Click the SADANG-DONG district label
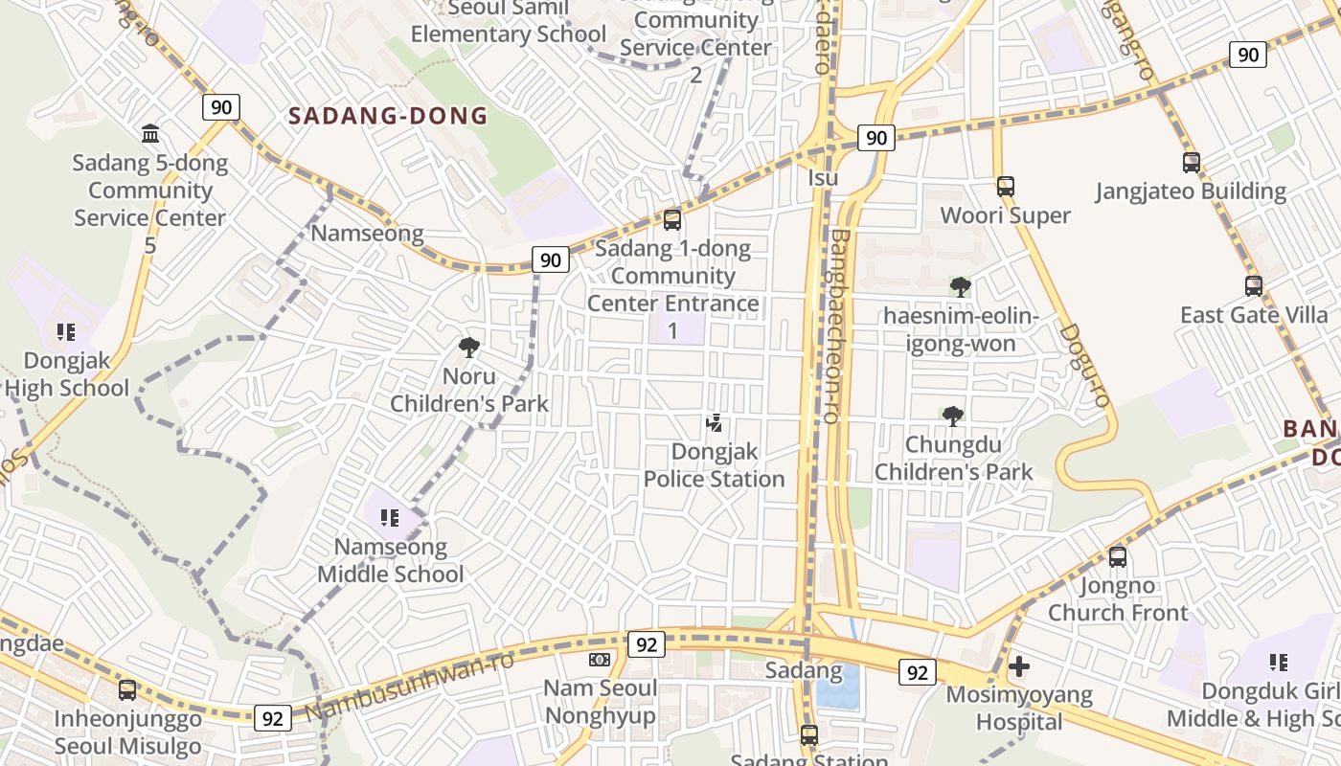tap(388, 117)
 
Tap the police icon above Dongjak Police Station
tap(714, 422)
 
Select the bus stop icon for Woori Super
tap(1005, 187)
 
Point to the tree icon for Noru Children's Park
tap(469, 347)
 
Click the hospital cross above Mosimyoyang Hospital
tap(1019, 665)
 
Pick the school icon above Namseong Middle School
tap(389, 518)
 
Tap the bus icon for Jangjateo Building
tap(1191, 163)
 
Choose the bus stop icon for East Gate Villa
tap(1253, 285)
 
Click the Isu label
tap(823, 178)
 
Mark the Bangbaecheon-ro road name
tap(839, 326)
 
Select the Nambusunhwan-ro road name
tap(410, 684)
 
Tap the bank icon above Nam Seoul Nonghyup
tap(600, 660)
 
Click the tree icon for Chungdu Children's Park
tap(953, 416)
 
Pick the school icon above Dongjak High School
tap(65, 332)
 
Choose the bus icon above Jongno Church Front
tap(1117, 557)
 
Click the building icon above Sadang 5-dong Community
tap(150, 133)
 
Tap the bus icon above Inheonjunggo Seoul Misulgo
tap(127, 689)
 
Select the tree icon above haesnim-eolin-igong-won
tap(960, 286)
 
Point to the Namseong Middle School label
tap(390, 561)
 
